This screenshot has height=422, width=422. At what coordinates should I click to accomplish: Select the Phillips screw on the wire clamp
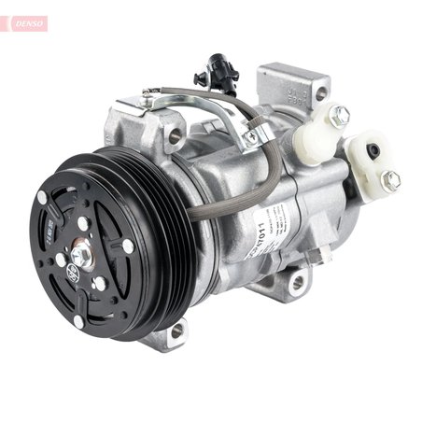pos(249,138)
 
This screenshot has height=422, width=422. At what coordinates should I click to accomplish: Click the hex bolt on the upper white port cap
pos(340,115)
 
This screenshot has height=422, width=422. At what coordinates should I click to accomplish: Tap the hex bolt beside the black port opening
pos(391,180)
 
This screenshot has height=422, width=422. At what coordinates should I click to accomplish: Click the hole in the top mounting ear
pos(321,93)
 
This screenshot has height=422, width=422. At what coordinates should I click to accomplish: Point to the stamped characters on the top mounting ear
pos(301,90)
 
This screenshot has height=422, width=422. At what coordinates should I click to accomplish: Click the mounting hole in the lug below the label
pos(297,281)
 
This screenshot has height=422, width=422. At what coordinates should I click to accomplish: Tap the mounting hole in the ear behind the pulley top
pos(175,136)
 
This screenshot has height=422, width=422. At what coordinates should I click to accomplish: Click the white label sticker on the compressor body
pos(268,238)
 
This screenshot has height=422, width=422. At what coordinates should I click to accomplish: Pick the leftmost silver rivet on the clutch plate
pos(42,199)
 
